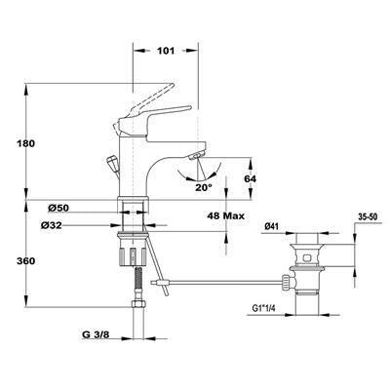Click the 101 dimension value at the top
point(166,51)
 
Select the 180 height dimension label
point(25,143)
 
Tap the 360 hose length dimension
point(25,261)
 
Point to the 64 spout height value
point(251,178)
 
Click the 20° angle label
point(204,187)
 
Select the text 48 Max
point(225,215)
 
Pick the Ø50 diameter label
point(58,208)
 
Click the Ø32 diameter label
point(52,225)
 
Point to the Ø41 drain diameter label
point(271,227)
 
